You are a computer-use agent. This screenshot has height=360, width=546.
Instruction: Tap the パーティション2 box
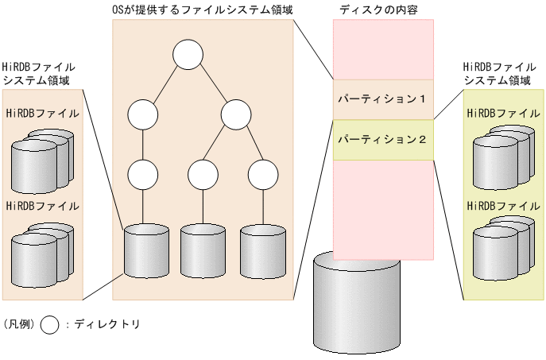383,139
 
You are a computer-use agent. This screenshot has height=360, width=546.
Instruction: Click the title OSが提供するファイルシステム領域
203,9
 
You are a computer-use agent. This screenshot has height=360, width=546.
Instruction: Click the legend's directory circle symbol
50,324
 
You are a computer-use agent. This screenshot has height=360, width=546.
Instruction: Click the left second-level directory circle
143,114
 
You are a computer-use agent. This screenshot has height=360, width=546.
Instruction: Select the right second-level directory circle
236,114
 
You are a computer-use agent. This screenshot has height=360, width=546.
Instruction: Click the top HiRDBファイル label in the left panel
42,113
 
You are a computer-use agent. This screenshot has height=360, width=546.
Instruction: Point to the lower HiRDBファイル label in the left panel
42,205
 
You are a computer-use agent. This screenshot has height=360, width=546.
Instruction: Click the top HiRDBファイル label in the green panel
502,113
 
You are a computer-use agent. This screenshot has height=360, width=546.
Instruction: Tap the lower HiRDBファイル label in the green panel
502,205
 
